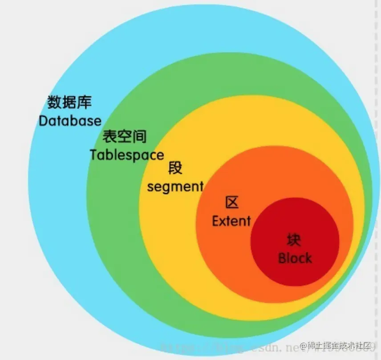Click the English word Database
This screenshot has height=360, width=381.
tap(70, 120)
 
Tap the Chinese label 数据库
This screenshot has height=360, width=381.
tap(69, 102)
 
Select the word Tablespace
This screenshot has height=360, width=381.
tap(127, 155)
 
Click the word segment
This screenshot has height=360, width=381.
tap(175, 186)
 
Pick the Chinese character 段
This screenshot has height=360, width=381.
tap(175, 168)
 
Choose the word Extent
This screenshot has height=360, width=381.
tap(231, 221)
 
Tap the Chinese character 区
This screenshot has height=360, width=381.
tap(231, 203)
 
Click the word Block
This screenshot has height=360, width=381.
tap(295, 258)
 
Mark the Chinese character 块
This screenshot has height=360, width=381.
tap(294, 240)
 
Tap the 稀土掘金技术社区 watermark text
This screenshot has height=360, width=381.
tap(340, 346)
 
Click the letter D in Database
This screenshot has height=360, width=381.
tap(44, 120)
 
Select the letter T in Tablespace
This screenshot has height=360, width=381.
tap(93, 155)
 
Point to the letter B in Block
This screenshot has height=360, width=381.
tap(282, 258)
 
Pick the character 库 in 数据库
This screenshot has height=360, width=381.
tap(84, 102)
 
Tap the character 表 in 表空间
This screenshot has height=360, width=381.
tap(110, 136)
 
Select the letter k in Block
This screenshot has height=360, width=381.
tap(308, 258)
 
